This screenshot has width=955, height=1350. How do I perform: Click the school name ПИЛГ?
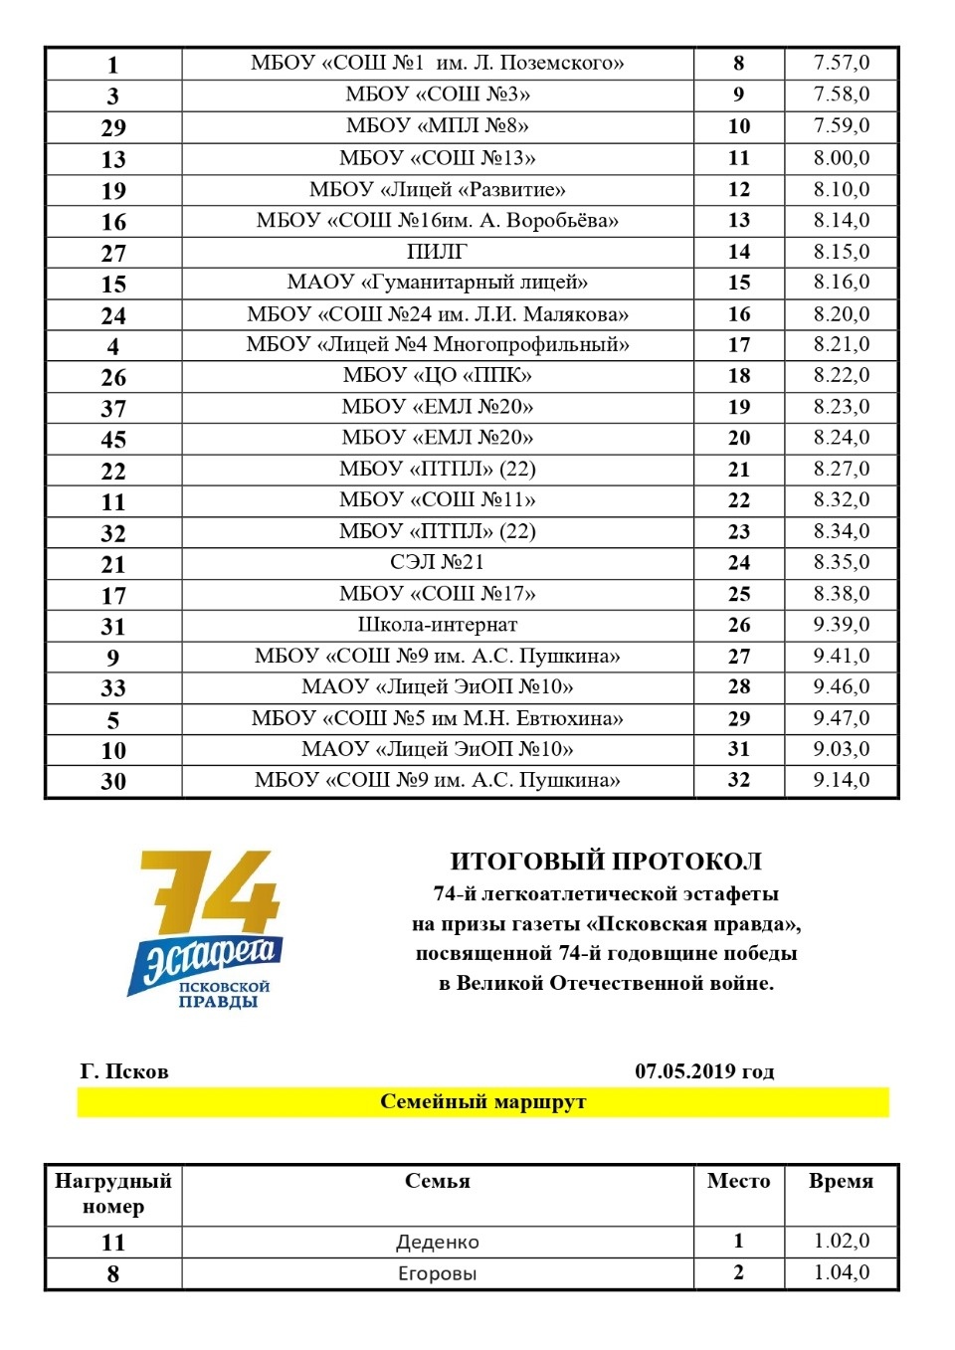click(x=437, y=252)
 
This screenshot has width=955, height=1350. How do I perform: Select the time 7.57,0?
click(x=841, y=63)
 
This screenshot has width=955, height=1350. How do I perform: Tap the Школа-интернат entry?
click(x=437, y=625)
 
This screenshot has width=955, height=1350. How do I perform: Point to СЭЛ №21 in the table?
click(x=437, y=562)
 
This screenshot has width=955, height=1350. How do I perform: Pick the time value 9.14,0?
click(x=841, y=780)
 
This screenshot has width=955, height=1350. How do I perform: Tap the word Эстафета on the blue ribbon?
click(x=209, y=958)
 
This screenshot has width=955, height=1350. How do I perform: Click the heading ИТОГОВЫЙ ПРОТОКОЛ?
click(x=606, y=862)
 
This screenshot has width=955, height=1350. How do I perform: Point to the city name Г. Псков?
click(x=124, y=1071)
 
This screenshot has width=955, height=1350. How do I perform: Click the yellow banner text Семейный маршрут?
click(x=482, y=1102)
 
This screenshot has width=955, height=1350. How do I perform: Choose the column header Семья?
click(x=437, y=1182)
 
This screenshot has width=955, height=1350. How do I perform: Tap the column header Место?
click(x=738, y=1182)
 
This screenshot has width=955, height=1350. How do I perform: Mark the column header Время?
click(x=841, y=1182)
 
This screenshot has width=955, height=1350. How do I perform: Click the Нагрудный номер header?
click(x=113, y=1194)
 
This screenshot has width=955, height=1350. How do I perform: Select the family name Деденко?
click(x=437, y=1242)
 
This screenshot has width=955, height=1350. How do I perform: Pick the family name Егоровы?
click(x=437, y=1273)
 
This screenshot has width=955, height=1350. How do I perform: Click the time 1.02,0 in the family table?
click(x=841, y=1242)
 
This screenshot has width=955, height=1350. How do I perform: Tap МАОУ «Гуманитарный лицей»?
click(x=437, y=283)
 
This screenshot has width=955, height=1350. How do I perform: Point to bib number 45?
click(x=113, y=440)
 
